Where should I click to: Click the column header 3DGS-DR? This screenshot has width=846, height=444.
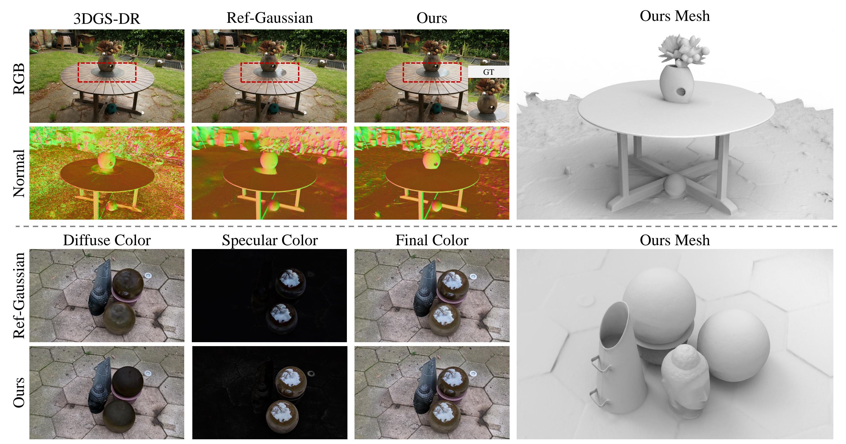tap(107, 18)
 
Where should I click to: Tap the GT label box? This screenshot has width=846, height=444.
tap(488, 72)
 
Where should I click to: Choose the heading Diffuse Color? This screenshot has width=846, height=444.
tap(107, 240)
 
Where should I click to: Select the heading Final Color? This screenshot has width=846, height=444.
tap(432, 240)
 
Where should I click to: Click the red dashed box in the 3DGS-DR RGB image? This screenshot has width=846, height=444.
tap(107, 72)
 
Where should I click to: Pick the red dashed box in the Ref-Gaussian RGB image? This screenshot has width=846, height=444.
tap(270, 72)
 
